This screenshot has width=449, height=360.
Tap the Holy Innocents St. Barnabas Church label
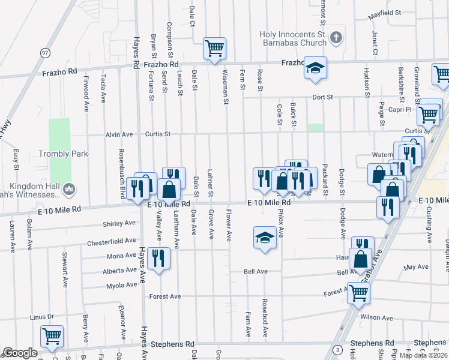coord(293,38)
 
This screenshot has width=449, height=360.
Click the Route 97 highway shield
coord(45,53)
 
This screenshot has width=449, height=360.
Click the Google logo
coord(20,353)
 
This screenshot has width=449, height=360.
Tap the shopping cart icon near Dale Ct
coord(214,47)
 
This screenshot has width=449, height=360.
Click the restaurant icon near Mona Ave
coord(158,258)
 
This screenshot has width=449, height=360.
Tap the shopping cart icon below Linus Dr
coord(52,336)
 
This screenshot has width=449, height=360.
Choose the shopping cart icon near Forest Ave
coord(358,292)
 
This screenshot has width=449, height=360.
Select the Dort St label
coord(322,97)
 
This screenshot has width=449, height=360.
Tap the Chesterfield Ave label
coord(111,241)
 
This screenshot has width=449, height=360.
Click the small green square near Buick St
coord(315,127)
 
